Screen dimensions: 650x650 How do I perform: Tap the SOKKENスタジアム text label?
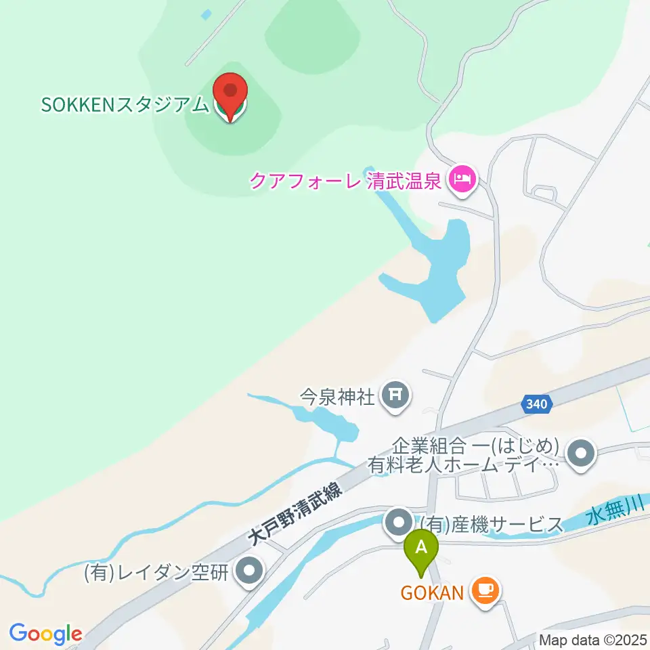tap(126, 106)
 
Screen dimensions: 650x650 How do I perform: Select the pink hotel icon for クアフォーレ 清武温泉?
tap(463, 180)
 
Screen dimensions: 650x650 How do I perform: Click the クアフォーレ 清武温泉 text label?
tap(346, 181)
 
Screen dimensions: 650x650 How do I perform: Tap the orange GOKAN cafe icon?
tap(485, 590)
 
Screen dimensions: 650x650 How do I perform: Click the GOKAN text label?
tap(431, 593)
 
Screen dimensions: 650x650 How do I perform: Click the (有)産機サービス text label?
tap(492, 523)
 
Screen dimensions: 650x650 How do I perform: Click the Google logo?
tap(45, 633)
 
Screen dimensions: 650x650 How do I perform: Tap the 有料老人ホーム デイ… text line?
tap(463, 466)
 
